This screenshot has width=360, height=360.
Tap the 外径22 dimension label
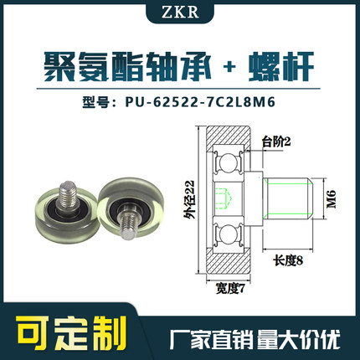(191, 201)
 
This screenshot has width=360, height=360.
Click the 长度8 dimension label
(287, 261)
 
